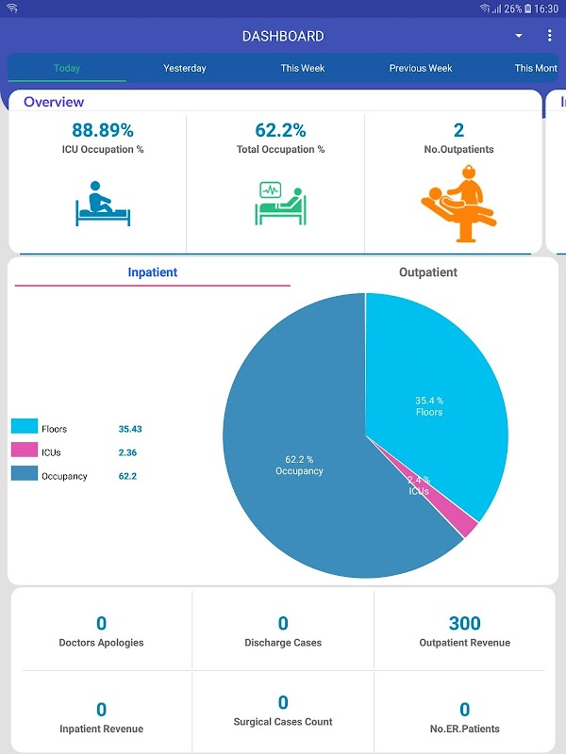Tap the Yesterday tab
(x=184, y=68)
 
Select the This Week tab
(x=302, y=68)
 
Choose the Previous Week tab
(x=421, y=68)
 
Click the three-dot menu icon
(x=549, y=36)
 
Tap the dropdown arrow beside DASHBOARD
(x=518, y=36)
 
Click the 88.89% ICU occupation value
(x=103, y=130)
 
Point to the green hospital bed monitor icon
(x=280, y=204)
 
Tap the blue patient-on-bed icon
(x=102, y=204)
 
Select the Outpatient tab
(x=427, y=272)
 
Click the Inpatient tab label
(x=153, y=272)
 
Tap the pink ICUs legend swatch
(x=25, y=452)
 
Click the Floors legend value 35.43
(x=130, y=429)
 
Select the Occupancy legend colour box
(x=25, y=476)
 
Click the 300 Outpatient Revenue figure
(x=464, y=623)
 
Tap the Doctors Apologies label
(x=101, y=643)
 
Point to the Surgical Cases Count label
(x=283, y=722)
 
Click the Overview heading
(x=54, y=102)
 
